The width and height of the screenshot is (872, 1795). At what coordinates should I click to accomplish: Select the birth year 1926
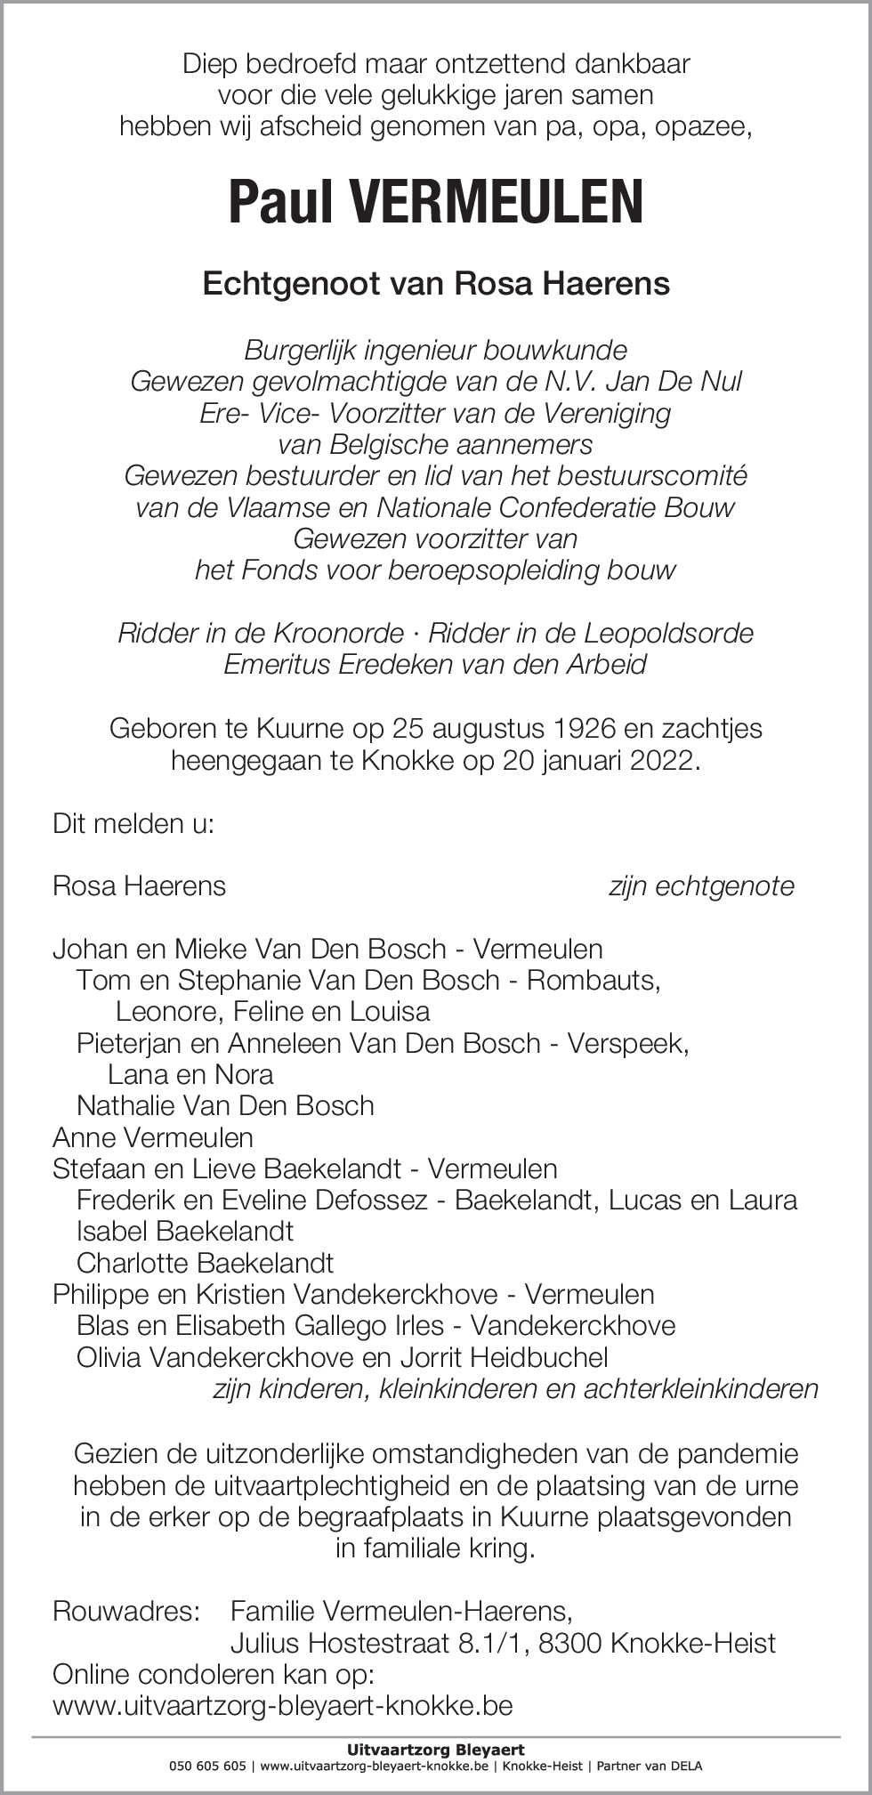(584, 729)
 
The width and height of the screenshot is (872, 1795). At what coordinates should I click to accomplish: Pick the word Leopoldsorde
(668, 634)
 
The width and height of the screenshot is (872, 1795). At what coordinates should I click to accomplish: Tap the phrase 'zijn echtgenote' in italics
(701, 886)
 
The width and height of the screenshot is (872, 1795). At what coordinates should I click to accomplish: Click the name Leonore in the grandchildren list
(168, 1012)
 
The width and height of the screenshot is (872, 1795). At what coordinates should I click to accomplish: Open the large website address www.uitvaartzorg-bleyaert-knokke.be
(283, 1706)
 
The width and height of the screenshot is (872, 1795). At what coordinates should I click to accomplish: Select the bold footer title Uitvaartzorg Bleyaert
(435, 1751)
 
